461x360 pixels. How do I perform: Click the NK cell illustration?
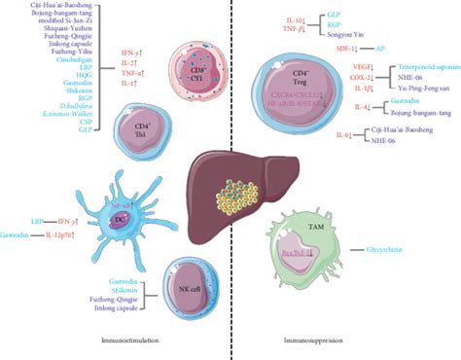click(x=200, y=293)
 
